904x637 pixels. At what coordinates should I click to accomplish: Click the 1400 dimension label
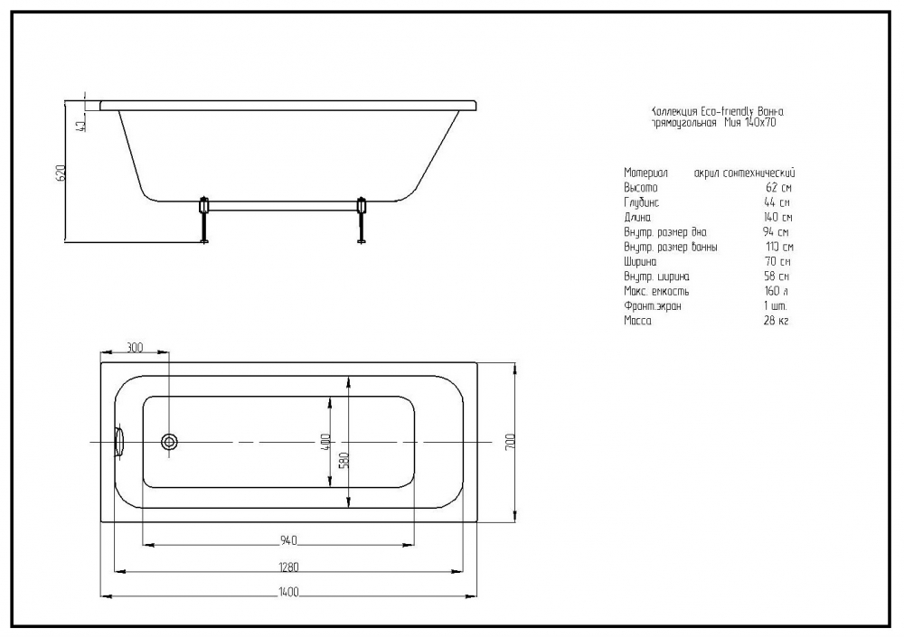pos(289,591)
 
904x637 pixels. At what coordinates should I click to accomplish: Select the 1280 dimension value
pos(289,567)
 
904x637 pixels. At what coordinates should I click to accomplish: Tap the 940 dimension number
pos(289,540)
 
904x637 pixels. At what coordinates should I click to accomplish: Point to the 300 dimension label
pos(135,347)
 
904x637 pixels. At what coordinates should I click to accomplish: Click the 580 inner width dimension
pos(344,459)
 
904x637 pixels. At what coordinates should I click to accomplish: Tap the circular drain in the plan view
pos(169,442)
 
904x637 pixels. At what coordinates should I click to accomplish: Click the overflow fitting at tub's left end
pos(118,442)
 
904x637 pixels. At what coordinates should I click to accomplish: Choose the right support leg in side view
pos(363,219)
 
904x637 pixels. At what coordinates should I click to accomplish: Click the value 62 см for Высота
pos(777,187)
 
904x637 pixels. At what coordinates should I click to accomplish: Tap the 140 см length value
pos(777,217)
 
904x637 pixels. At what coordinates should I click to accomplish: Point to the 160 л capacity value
pos(777,291)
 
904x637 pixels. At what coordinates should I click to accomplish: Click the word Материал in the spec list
pos(645,173)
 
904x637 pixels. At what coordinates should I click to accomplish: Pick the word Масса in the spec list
pos(637,321)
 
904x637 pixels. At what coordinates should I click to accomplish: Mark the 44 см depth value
pos(777,202)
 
